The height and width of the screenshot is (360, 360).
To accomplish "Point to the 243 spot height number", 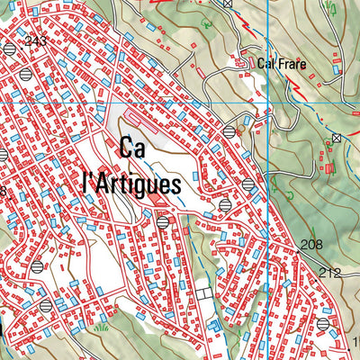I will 36,41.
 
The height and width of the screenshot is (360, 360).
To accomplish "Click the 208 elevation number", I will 311,245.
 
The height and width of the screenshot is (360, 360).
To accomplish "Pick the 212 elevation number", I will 331,273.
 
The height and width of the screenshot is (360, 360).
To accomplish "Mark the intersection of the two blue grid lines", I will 267,103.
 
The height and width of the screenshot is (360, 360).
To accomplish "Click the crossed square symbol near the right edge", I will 336,138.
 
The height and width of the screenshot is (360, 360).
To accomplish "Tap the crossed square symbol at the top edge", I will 228,4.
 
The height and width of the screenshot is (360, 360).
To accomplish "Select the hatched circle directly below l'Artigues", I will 162,221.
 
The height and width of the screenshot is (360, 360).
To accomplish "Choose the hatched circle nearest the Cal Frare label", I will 230,131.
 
